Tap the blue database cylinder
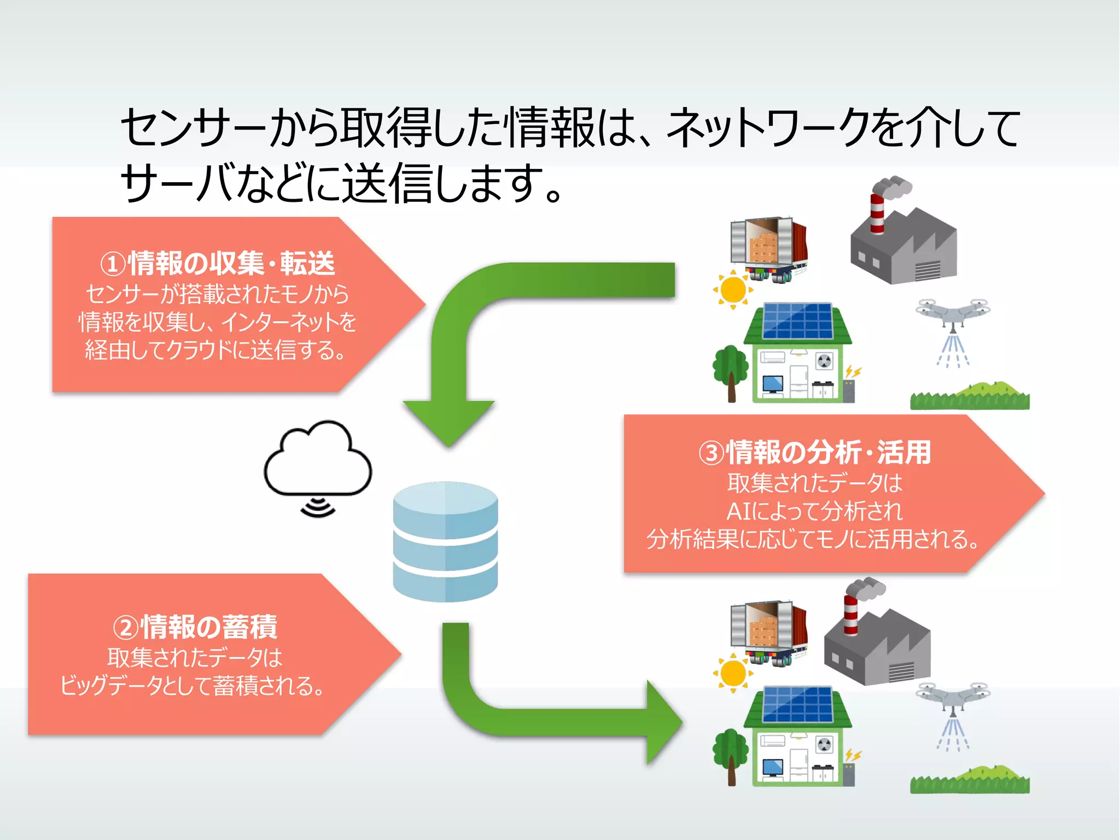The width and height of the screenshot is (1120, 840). [445, 541]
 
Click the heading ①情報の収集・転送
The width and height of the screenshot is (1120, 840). [217, 263]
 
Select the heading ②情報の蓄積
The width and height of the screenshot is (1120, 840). [195, 627]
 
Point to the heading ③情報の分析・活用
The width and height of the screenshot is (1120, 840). [814, 452]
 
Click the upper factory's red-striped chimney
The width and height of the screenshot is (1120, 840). [877, 213]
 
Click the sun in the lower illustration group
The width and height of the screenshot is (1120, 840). [733, 673]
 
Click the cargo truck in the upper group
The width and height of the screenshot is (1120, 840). [768, 249]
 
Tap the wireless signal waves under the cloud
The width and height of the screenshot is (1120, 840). [318, 507]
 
